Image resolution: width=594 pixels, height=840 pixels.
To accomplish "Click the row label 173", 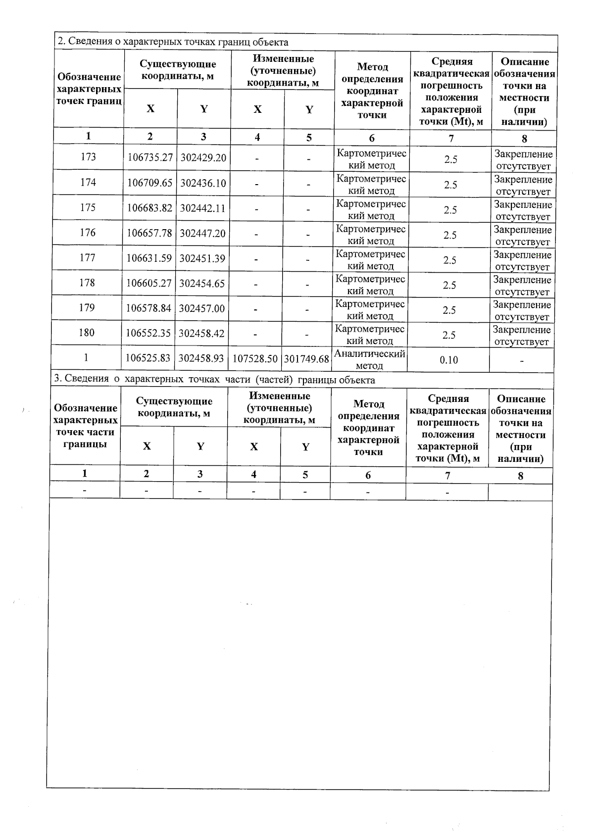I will click(88, 157).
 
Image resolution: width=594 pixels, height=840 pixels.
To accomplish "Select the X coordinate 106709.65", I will click(150, 183).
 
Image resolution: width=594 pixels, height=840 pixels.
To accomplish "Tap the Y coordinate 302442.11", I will click(202, 208).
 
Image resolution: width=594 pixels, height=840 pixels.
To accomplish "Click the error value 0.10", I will click(448, 360).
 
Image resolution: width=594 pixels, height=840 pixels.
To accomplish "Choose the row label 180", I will click(86, 333).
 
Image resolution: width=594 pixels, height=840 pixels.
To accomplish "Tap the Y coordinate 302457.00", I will click(201, 308).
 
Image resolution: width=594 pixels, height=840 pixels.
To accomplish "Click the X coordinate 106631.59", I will click(149, 258).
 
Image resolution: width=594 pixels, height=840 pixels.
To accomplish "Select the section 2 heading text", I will click(173, 42).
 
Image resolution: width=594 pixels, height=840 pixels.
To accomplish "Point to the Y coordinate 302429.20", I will click(203, 157).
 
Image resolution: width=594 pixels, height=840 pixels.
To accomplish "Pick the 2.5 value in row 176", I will click(449, 235).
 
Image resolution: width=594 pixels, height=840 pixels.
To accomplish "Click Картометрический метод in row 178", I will click(370, 285).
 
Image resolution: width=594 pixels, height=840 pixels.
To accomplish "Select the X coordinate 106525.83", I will click(148, 358).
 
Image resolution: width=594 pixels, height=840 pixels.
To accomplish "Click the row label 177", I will click(87, 257).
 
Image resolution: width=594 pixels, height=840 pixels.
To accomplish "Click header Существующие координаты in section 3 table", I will click(174, 407).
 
